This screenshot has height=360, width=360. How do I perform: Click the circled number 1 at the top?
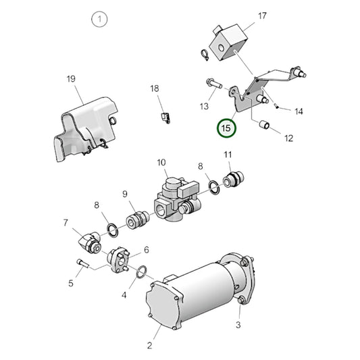click(100, 20)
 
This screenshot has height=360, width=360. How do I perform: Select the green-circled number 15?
click(227, 127)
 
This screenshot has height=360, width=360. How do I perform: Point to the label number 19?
click(72, 80)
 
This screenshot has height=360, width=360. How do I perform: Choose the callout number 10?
click(161, 162)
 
